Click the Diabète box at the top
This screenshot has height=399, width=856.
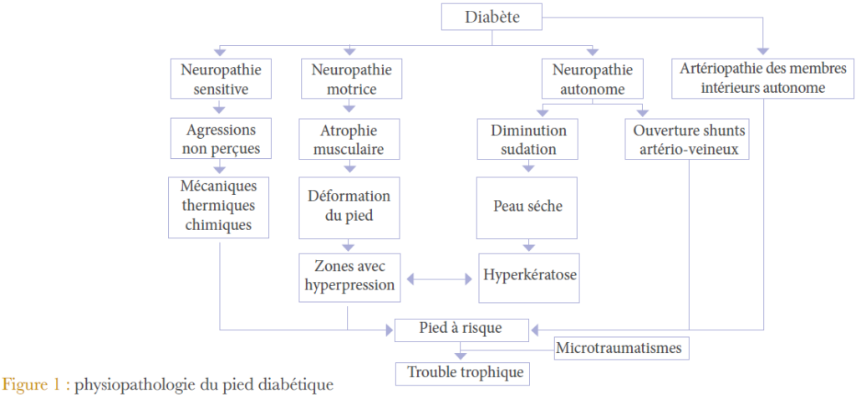click(x=491, y=17)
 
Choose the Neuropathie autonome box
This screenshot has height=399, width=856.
click(x=593, y=79)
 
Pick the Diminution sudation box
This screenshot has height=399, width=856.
click(x=528, y=140)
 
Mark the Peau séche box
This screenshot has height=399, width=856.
click(x=527, y=206)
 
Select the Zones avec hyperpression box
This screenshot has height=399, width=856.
click(x=349, y=275)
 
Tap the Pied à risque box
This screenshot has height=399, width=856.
click(x=461, y=329)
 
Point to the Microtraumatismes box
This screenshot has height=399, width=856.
click(x=623, y=347)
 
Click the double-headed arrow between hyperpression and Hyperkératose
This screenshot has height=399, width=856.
click(x=440, y=276)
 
